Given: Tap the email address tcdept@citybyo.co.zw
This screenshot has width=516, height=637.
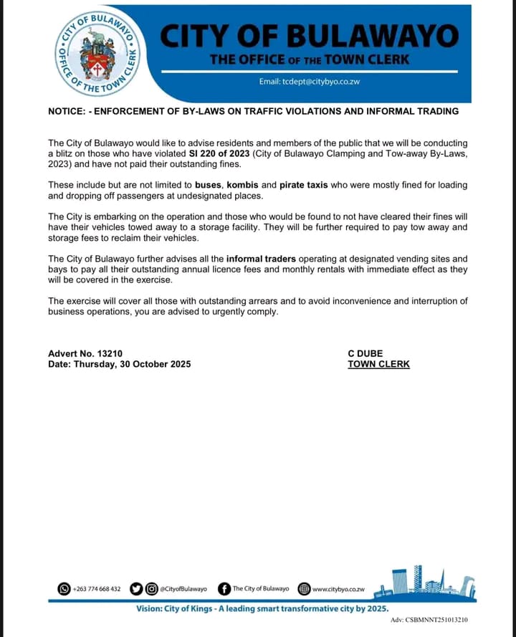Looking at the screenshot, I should tap(310, 82).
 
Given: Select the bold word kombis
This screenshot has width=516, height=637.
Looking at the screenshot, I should tap(243, 185).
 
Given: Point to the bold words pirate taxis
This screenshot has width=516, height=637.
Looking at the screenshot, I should tap(304, 185).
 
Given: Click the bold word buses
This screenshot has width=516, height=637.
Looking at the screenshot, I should tap(209, 185).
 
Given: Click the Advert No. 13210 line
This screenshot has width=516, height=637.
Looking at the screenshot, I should tap(85, 353).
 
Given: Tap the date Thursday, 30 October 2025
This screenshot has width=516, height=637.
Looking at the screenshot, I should tap(120, 364).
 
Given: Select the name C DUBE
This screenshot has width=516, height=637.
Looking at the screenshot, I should tap(365, 353).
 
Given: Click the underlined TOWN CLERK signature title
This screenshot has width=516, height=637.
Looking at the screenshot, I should tap(379, 364).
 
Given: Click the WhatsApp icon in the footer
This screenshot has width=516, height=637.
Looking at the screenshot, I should tap(64, 589).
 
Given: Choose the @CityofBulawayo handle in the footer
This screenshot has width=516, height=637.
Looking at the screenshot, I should tap(184, 589).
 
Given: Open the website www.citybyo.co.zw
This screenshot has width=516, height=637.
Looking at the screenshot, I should tap(339, 589).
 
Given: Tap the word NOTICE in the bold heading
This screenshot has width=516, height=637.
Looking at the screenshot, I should tap(66, 112).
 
